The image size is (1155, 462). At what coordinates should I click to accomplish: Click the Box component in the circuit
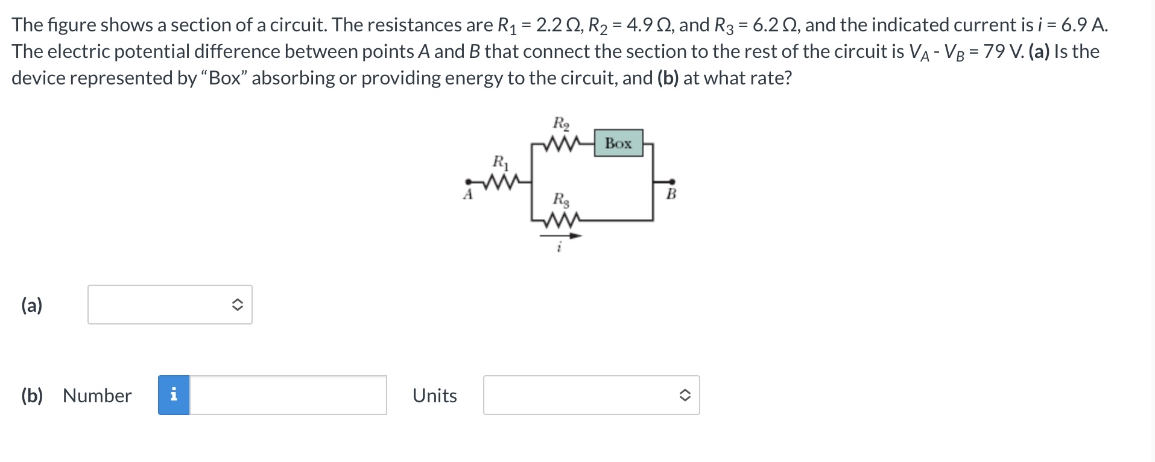point(618,144)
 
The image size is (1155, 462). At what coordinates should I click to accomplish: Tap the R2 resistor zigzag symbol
point(561,145)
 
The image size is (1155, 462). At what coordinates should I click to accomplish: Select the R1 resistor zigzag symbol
point(500,181)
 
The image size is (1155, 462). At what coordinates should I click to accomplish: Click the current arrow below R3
point(560,236)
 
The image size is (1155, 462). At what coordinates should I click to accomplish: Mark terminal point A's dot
point(467,181)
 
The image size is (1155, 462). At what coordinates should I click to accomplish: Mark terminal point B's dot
point(672,181)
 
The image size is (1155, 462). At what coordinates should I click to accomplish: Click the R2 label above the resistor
point(561,124)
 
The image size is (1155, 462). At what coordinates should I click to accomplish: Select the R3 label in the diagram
point(561,200)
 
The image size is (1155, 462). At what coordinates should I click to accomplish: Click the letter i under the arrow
point(560,248)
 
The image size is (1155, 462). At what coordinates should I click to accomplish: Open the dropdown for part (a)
point(170,305)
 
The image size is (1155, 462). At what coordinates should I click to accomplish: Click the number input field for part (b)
point(288,395)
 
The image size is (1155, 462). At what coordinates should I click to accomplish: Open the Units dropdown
point(591,395)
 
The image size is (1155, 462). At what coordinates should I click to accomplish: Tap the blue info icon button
point(174,395)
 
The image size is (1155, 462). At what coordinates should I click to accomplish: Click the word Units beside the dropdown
point(434,396)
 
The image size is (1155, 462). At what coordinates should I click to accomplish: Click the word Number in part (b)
point(97,396)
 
